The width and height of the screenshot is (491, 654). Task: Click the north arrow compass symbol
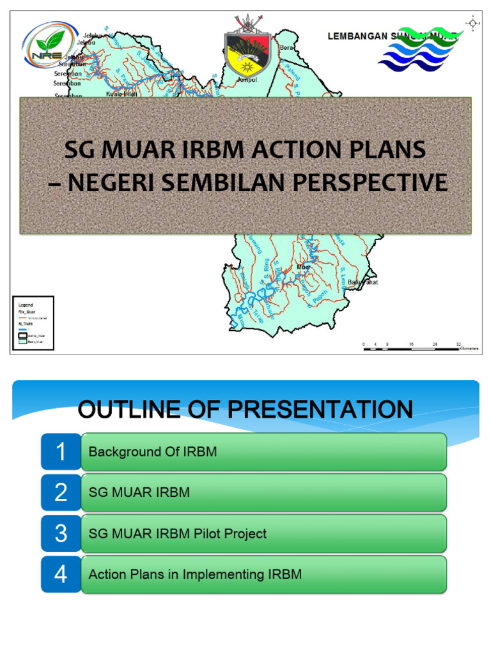(472, 24)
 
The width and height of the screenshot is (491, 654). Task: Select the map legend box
(33, 323)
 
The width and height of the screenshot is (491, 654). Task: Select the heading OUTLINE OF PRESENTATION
(245, 409)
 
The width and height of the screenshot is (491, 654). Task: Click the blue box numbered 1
(61, 452)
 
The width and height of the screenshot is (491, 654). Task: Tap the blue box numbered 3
(61, 533)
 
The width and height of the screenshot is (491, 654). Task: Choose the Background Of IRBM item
(152, 452)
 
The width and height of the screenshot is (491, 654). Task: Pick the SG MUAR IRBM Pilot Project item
(177, 533)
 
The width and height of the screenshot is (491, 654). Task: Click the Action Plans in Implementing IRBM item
(195, 574)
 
